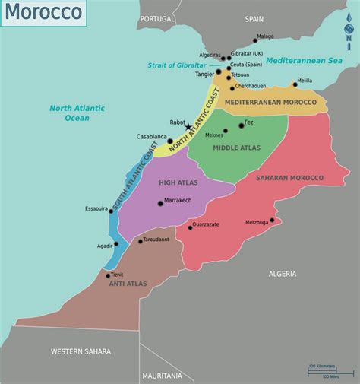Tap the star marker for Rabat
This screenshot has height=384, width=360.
click(188, 127)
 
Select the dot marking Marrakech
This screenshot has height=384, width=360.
click(160, 203)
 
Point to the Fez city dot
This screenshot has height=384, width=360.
click(242, 125)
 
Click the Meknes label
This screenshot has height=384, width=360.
click(214, 135)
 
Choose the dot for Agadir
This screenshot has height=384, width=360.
click(116, 245)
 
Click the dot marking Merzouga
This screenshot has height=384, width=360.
click(272, 222)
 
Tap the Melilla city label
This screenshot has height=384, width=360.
click(304, 80)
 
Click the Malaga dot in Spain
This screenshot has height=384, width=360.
click(255, 41)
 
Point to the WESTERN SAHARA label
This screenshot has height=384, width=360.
click(81, 351)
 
